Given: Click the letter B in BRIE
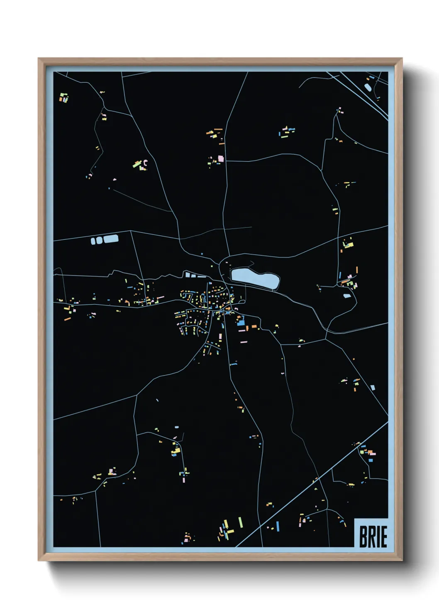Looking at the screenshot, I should point(363,537).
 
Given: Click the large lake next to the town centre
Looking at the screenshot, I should point(254,278).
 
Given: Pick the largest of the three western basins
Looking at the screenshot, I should point(111,239).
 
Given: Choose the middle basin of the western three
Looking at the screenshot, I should point(99,240).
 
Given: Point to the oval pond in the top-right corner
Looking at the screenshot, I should point(368,87).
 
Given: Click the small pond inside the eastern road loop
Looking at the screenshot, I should point(347,296).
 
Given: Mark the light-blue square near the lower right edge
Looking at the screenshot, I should point(373,388).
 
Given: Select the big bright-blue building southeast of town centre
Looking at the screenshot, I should point(241,322).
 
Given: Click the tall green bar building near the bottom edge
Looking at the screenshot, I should point(240,522).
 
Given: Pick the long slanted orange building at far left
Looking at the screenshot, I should point(67,319).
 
